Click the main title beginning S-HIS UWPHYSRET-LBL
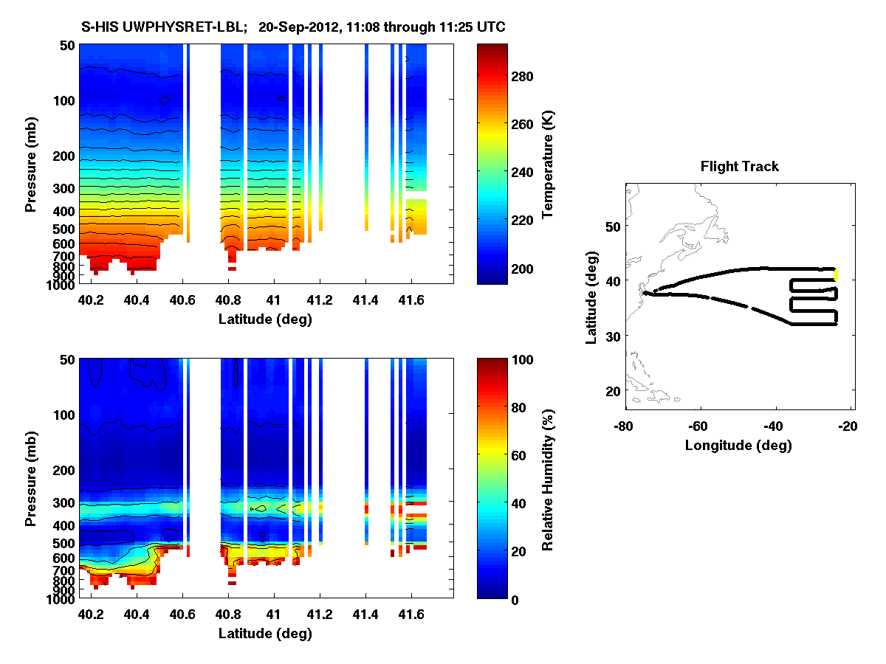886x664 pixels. coord(293,27)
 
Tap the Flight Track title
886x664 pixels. coord(739,167)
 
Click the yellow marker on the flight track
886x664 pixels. coord(836,274)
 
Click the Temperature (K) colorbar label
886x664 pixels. coord(549,164)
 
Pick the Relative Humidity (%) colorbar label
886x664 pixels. coord(548,478)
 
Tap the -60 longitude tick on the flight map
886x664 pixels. coord(698,426)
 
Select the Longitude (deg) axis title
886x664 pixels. coord(738,445)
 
